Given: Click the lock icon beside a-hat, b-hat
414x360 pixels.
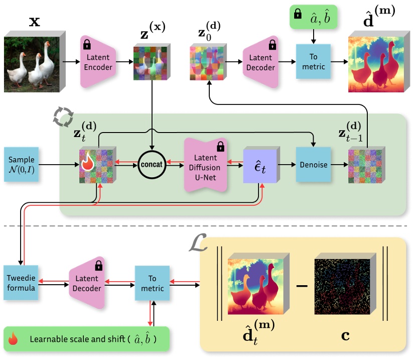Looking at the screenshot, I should (x=297, y=16).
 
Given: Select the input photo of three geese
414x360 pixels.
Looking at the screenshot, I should (x=33, y=63).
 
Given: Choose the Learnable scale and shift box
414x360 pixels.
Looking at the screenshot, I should (x=86, y=339).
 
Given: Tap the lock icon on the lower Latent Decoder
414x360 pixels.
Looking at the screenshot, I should (x=98, y=265).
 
